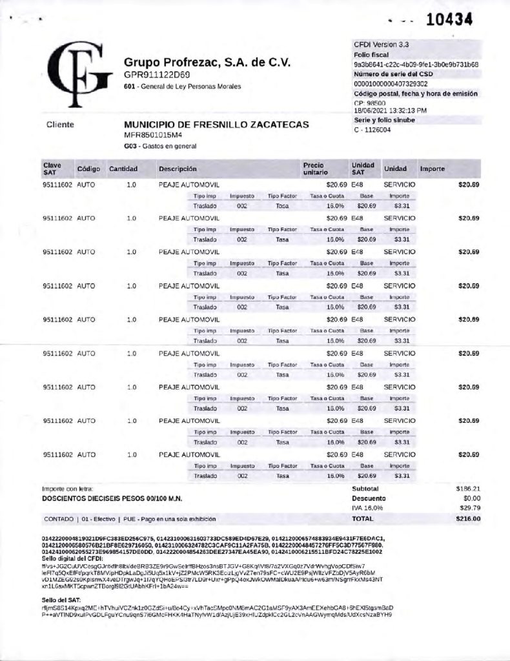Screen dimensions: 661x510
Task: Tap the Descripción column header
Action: (x=178, y=169)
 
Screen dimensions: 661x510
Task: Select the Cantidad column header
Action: (x=123, y=169)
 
